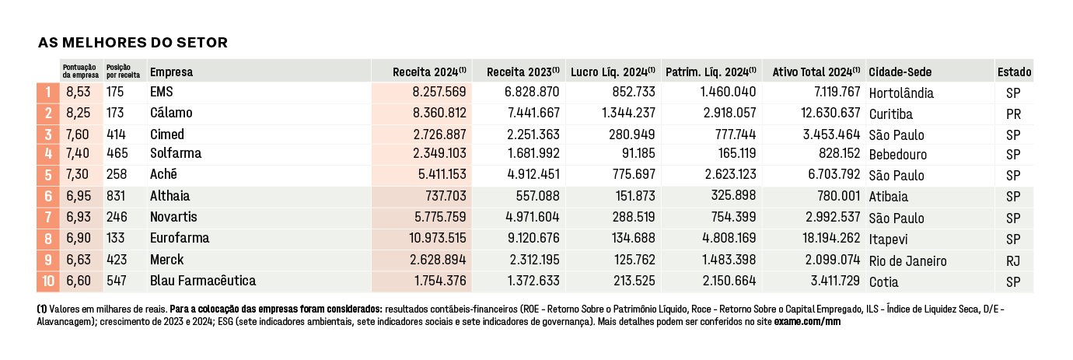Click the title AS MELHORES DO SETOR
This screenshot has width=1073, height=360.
coord(133,43)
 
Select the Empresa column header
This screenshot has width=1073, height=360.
coord(172,72)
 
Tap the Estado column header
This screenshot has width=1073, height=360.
coord(1014,72)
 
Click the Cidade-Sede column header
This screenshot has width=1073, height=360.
coord(900,72)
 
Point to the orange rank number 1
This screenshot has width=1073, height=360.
coord(48,92)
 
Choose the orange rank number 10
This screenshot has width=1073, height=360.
coord(48,281)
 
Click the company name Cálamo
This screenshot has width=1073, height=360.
coord(171,113)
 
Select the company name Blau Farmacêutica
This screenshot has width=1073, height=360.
coord(203,281)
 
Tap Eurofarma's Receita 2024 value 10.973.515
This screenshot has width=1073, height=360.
coord(437,239)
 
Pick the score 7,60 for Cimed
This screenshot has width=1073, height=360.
coord(78,135)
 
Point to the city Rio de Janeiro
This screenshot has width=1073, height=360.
coord(907,261)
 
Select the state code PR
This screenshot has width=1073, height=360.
coord(1013,114)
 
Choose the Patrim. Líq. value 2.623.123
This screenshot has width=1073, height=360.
coord(730,174)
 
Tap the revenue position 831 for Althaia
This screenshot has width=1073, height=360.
coord(115,196)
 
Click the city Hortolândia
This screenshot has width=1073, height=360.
coord(901,93)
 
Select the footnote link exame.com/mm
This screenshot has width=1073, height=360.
coord(807,322)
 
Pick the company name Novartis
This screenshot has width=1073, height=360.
coord(173,218)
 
